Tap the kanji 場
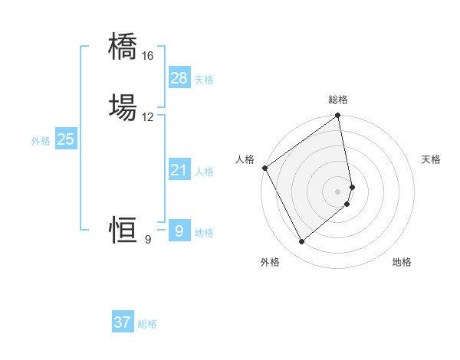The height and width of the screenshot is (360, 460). pos(123,106)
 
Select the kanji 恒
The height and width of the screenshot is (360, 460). pos(123,229)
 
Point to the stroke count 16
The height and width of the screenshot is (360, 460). pos(147,56)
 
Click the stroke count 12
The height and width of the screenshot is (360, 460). pos(147,117)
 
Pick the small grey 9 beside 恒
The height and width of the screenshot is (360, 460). pos(147,240)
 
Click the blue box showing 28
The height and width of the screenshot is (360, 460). pos(179,77)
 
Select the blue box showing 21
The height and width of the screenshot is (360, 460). pos(179,170)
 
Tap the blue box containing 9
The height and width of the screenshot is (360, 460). pos(179,231)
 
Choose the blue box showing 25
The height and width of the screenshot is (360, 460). pos(65,139)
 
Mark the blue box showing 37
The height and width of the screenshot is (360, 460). pos(123,322)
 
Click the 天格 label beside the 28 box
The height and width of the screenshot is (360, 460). pos(204,80)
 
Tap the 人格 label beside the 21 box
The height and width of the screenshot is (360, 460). pos(204,172)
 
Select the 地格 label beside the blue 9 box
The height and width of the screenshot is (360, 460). pos(204,233)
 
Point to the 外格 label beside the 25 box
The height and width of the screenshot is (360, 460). pos(41,141)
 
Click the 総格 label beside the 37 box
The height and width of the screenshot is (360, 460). pos(147,324)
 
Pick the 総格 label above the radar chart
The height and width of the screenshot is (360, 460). pos(338,100)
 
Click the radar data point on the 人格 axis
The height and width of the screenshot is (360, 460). pos(264,168)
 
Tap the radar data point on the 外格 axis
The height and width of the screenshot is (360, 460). pos(301,242)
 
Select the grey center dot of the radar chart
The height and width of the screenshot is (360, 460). pos(338,191)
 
